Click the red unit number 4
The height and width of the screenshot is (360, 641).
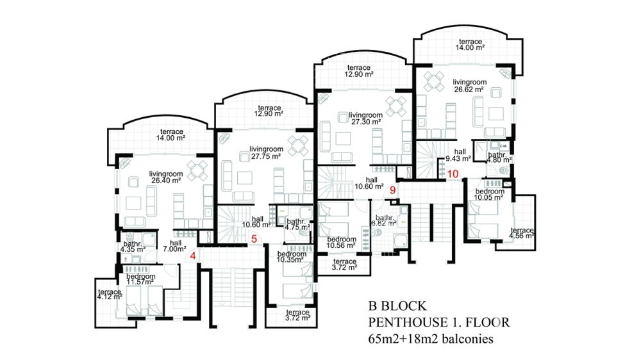[x=194, y=256]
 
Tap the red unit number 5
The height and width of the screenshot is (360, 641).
[x=254, y=239]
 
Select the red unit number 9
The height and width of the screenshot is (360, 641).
[x=393, y=190]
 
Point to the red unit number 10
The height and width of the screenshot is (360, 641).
[x=453, y=174]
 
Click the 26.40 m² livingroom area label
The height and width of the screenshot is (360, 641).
[x=165, y=177]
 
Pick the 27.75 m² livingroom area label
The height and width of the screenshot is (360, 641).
[x=266, y=153]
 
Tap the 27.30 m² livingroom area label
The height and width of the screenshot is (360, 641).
[x=365, y=119]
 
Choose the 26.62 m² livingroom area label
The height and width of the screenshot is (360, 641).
[x=469, y=85]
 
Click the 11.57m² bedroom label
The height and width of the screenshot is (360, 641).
[x=140, y=279]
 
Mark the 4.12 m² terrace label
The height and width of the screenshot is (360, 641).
[x=110, y=295]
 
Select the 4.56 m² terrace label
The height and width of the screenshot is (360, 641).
[x=522, y=233]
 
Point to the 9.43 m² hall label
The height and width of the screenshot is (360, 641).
[x=458, y=155]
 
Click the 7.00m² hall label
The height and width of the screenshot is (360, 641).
[x=174, y=245]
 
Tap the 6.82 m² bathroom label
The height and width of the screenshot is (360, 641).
[x=383, y=220]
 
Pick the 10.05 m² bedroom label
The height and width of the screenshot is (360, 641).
[x=489, y=195]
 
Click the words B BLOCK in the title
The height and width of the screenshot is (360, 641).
[x=397, y=306]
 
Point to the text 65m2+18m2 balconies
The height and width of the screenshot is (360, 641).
[x=431, y=339]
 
